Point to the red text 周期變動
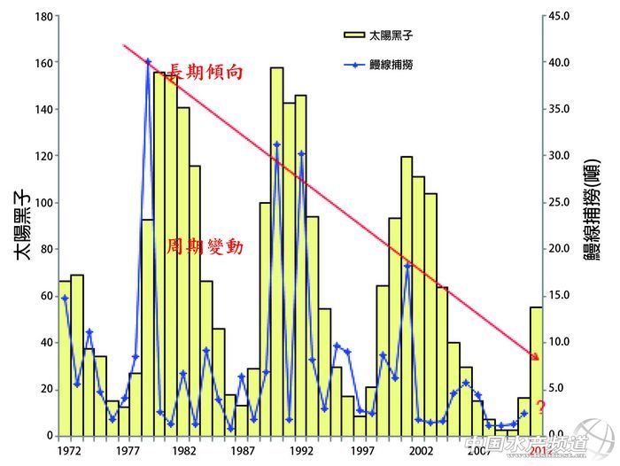[x=205, y=246]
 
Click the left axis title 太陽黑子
[x=24, y=227]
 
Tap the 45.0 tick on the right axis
[x=560, y=16]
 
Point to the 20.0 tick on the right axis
[x=560, y=249]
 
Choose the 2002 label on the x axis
[x=419, y=450]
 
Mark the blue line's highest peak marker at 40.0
[x=148, y=62]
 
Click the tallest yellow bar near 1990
[x=277, y=248]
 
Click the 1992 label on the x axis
[x=301, y=450]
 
